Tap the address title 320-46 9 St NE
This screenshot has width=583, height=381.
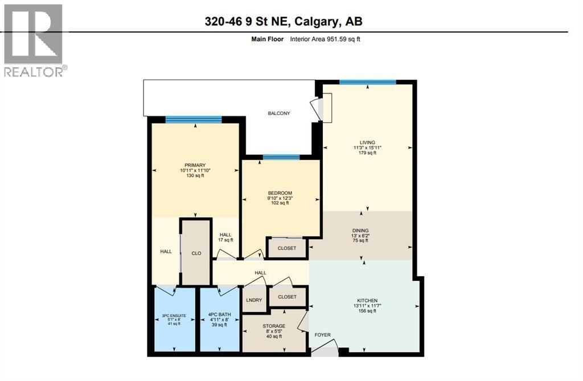pos(247,21)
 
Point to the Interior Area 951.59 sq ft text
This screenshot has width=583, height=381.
pos(325,39)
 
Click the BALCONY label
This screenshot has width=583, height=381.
pos(279,113)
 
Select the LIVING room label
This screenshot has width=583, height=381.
pos(367,142)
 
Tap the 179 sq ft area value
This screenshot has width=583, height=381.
pos(367,153)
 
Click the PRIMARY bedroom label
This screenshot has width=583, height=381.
pos(195,165)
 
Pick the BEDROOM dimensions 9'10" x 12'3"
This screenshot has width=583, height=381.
pos(280,198)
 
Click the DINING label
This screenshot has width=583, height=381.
pos(360,230)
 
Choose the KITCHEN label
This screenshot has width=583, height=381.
pos(367,300)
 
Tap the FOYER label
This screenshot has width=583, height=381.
pos(322,335)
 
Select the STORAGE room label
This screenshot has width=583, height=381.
pos(274,326)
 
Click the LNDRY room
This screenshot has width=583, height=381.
pos(254,300)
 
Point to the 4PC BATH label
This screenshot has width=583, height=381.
pos(219,314)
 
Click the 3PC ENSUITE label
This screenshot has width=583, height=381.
pos(174,316)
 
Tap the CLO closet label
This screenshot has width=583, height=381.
pos(196,253)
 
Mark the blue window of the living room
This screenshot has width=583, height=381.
pos(368,82)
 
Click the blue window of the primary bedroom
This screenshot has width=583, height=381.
pos(194,120)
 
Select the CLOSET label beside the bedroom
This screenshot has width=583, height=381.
pos(287,248)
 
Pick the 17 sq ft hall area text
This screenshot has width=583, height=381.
pos(225,240)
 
